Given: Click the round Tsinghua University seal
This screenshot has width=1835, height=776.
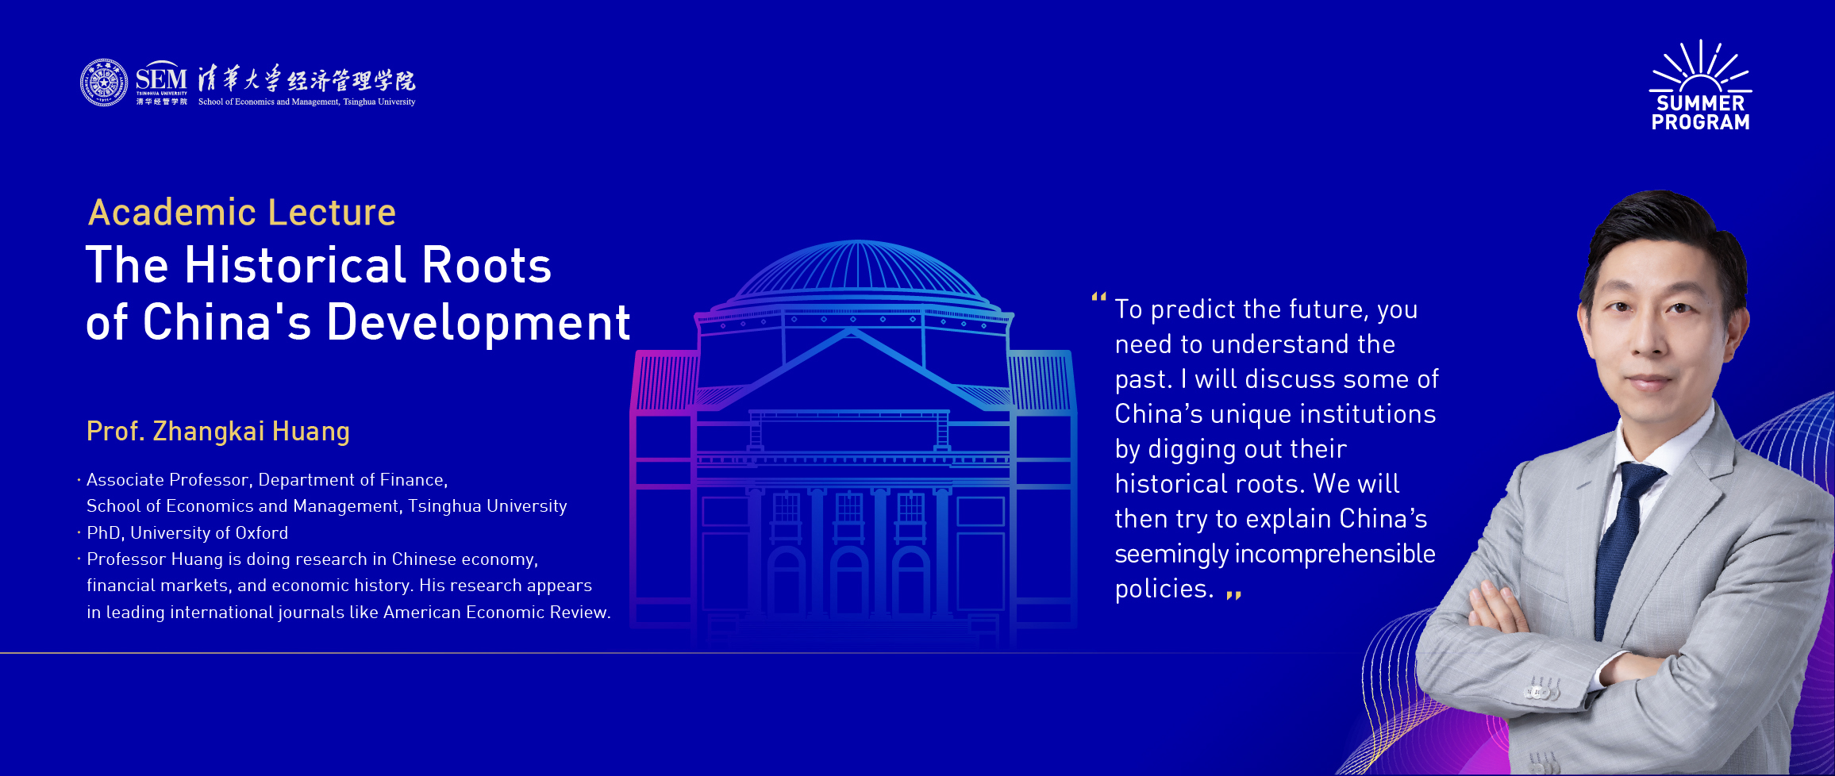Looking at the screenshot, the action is tap(104, 83).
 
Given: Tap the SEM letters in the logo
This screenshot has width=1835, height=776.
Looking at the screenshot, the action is tap(161, 79).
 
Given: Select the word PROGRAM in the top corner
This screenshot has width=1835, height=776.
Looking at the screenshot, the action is tap(1701, 122).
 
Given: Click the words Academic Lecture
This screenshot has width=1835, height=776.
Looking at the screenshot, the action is tap(242, 213).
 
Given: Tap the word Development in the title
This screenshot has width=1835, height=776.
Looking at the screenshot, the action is tap(479, 324).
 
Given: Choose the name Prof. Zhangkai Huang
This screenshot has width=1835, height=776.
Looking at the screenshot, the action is tap(218, 431).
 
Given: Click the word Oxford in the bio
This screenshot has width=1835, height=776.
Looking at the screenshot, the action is tap(262, 533).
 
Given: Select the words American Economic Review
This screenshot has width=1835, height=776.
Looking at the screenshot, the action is tap(497, 613).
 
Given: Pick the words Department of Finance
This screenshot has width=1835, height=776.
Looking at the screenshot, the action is tap(353, 480).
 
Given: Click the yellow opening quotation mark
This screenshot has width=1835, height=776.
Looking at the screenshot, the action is tap(1099, 298).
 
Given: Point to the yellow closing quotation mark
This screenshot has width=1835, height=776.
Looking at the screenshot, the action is tap(1233, 594).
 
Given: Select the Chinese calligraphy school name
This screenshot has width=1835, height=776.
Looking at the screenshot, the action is tap(306, 79).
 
